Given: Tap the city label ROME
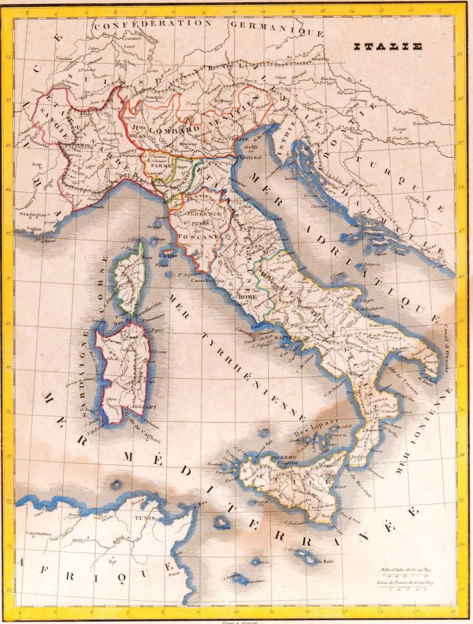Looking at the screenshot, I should [x=247, y=297].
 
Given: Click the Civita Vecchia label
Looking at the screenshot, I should [x=208, y=281].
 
